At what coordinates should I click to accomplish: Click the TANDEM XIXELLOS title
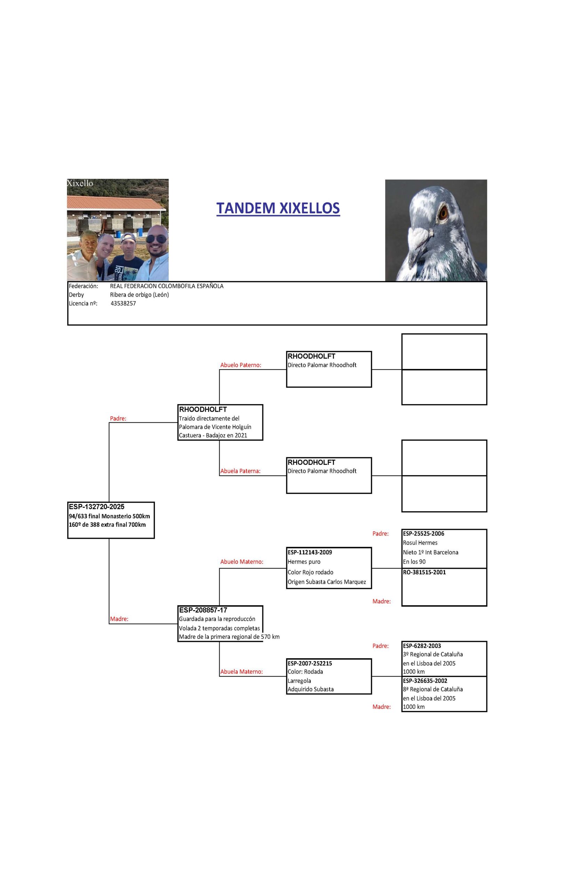278,208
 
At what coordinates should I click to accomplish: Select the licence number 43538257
123,303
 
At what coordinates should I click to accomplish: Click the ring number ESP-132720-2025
97,507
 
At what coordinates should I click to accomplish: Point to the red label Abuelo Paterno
241,365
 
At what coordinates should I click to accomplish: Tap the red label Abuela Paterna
240,471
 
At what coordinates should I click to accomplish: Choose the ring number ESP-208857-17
203,610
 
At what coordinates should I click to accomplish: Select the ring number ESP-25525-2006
423,534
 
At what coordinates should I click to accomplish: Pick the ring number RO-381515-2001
424,572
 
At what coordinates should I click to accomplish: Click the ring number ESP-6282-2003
422,646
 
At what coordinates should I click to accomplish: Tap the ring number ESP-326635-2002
425,680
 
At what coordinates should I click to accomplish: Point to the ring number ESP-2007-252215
310,663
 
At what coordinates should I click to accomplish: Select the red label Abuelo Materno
242,561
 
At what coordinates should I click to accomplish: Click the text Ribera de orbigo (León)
139,295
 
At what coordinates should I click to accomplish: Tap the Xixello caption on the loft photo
80,183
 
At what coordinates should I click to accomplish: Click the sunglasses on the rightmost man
157,239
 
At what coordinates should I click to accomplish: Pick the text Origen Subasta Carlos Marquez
327,582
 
